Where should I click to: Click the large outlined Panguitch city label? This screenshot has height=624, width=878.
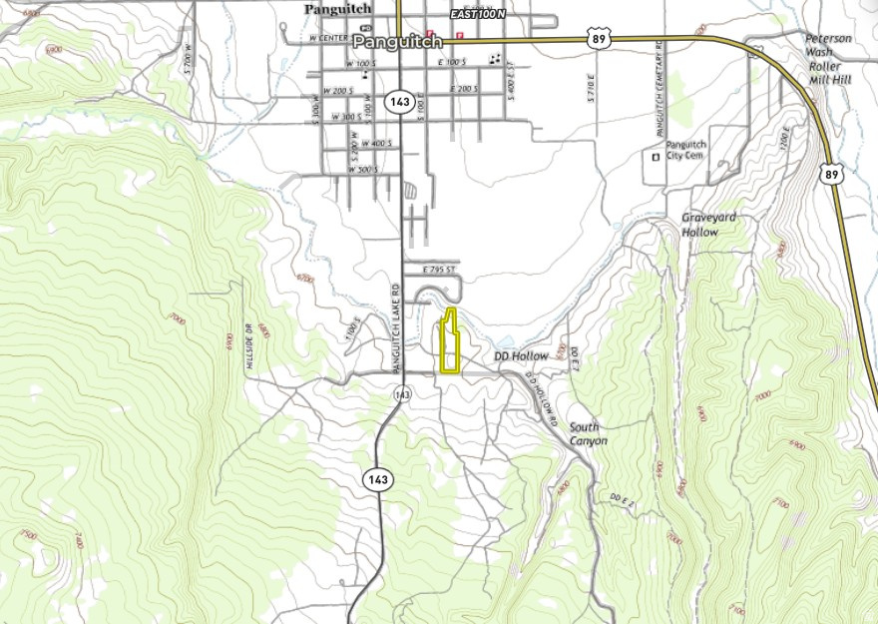click(x=397, y=42)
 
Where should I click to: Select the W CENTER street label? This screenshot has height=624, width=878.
click(x=328, y=38)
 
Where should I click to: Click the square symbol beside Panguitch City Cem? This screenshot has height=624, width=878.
click(x=656, y=157)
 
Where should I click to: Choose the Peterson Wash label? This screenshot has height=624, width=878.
click(x=828, y=45)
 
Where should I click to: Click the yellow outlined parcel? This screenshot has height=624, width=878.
click(x=451, y=344)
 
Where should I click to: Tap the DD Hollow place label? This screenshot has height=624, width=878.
click(x=521, y=356)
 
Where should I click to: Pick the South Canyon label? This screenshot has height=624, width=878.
click(x=588, y=433)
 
